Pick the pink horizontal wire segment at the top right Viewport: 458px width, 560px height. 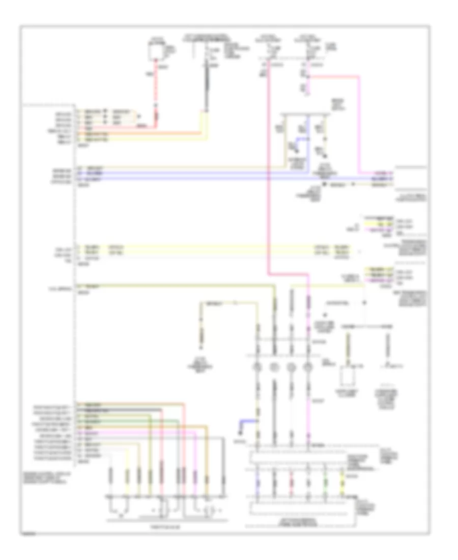336,77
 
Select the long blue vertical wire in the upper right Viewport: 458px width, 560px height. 307,148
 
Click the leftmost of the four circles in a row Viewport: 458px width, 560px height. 259,368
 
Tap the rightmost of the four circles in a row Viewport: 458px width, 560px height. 307,368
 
